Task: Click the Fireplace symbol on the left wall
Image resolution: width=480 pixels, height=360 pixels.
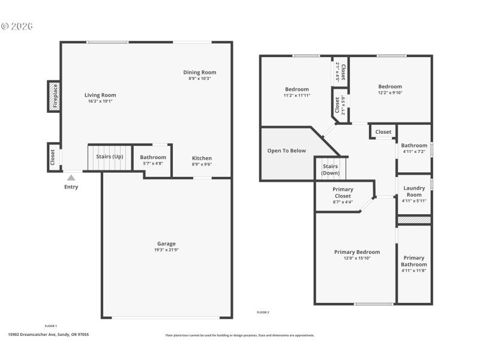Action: click(53, 96)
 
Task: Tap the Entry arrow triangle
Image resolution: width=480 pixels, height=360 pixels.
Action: click(71, 178)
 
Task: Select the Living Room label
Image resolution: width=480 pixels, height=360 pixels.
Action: click(100, 95)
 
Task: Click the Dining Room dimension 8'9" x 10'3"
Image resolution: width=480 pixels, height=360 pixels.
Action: click(200, 79)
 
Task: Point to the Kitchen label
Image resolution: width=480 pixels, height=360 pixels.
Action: click(202, 158)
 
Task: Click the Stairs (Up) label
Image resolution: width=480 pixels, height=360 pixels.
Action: click(109, 157)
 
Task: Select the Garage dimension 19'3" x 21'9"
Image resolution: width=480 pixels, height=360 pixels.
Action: click(166, 250)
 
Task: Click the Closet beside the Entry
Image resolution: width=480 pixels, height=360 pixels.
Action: click(53, 157)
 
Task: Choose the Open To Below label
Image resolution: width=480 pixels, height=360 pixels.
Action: click(286, 151)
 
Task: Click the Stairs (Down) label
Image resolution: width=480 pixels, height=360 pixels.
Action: click(331, 169)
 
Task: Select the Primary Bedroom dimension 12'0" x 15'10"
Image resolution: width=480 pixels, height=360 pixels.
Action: click(356, 258)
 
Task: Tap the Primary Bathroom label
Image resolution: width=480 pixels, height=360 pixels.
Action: click(414, 261)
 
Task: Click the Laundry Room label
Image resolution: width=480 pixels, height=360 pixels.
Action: click(414, 191)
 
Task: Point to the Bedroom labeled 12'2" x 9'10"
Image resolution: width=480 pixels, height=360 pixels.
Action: click(390, 86)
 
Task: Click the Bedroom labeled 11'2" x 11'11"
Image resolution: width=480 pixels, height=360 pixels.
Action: click(296, 89)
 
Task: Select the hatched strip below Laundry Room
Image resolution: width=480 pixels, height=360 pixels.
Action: click(414, 220)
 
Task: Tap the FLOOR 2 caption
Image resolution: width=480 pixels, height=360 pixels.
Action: click(263, 312)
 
